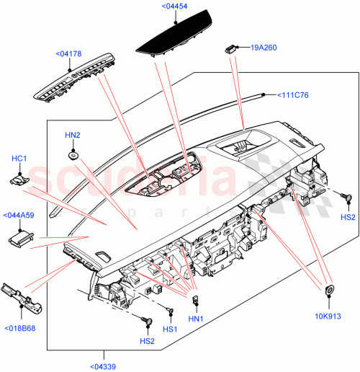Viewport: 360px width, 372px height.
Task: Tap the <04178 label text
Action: pos(68,53)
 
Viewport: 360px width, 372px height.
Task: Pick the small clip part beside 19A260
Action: pos(231,48)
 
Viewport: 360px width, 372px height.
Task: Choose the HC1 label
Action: pos(19,159)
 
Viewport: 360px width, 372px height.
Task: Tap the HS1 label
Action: pos(170,329)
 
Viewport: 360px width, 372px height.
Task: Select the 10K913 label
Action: pos(328,315)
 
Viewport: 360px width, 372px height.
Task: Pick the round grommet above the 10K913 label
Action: pos(330,291)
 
